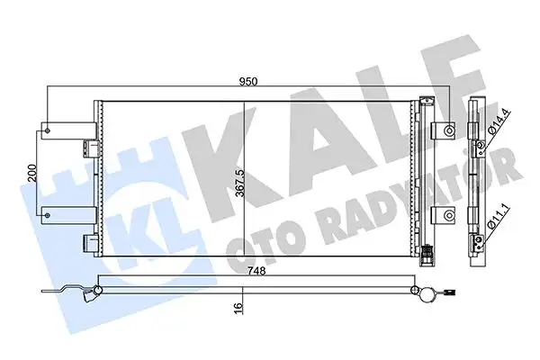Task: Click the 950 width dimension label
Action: pos(248,81)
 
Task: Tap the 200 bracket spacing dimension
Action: pos(30,173)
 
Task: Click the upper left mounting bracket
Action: pos(51,131)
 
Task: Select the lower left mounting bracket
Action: pos(51,214)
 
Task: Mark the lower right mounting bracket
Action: pos(443,214)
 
